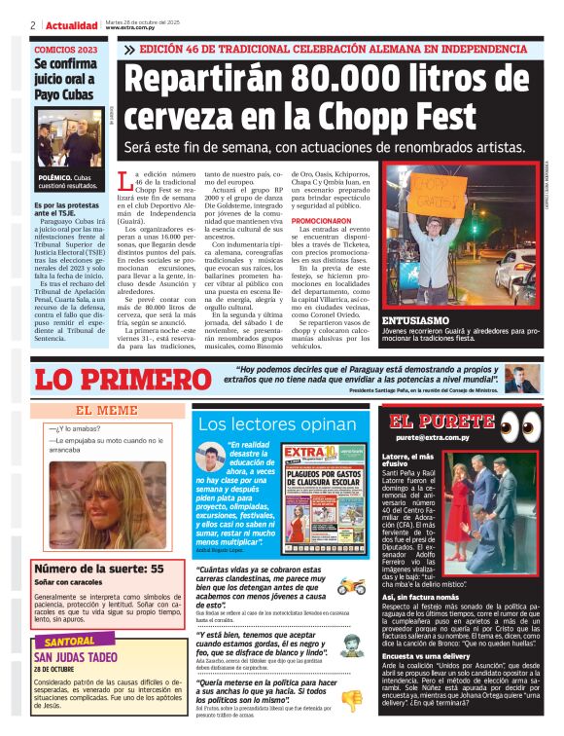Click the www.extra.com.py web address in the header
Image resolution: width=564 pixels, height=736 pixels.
131,28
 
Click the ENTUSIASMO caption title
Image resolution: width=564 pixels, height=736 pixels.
415,319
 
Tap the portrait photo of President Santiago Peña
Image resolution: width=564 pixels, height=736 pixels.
522,379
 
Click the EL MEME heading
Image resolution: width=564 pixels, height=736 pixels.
106,411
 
